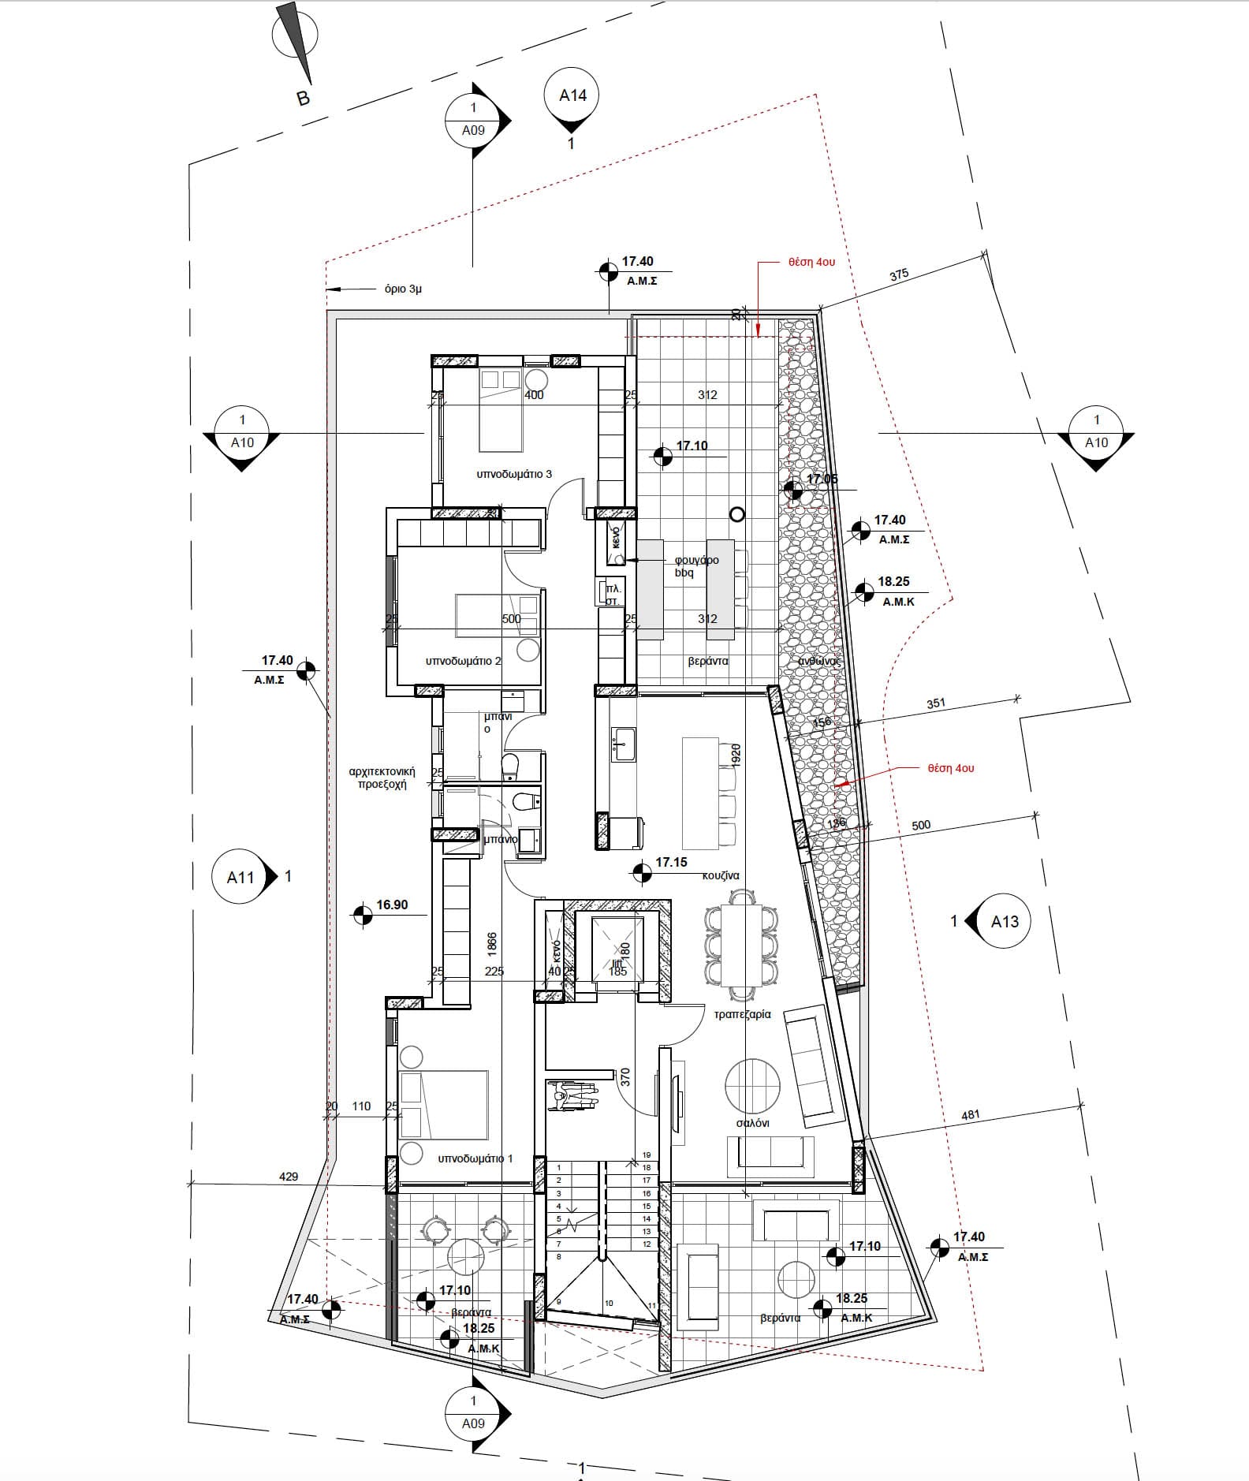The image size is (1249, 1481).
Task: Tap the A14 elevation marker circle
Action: click(x=572, y=95)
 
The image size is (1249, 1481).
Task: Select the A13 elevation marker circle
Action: click(x=1005, y=921)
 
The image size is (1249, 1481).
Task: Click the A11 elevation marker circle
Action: click(x=240, y=877)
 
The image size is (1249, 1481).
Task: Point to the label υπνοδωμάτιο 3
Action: click(x=514, y=474)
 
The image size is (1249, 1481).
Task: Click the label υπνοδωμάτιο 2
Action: click(x=464, y=661)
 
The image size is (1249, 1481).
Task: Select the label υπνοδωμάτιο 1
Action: click(x=475, y=1158)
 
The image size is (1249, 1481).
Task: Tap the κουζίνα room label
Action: click(x=721, y=875)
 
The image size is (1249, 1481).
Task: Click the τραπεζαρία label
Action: click(x=742, y=1014)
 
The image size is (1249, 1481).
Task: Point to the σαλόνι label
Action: click(x=752, y=1123)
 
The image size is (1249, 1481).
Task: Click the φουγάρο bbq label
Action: click(x=696, y=566)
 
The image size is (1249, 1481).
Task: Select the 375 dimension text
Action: click(x=899, y=275)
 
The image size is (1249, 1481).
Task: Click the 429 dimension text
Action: click(x=289, y=1176)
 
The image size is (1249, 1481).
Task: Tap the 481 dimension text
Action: click(x=971, y=1115)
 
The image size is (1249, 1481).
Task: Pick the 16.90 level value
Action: click(x=392, y=905)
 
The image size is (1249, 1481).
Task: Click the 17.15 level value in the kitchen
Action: click(x=671, y=863)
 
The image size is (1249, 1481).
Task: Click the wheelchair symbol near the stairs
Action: click(x=572, y=1096)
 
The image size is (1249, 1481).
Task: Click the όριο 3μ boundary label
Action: click(x=403, y=289)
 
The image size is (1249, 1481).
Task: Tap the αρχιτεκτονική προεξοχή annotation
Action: click(x=382, y=778)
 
